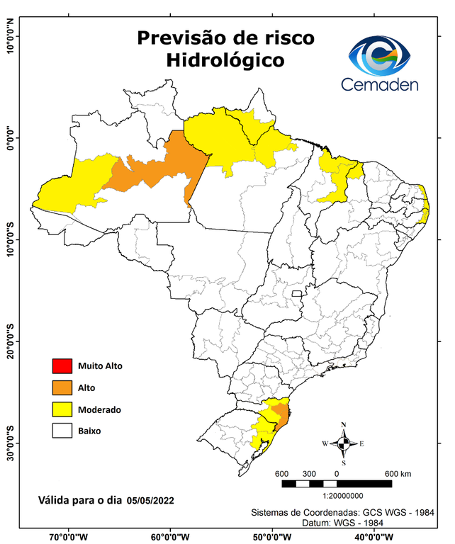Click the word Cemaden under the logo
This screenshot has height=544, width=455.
[380, 84]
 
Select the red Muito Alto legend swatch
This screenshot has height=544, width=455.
[62, 366]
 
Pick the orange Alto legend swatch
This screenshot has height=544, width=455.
[62, 387]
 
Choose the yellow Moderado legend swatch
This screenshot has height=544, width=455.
[62, 409]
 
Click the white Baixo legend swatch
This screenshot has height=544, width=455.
[62, 430]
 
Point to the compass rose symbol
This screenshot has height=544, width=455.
[343, 443]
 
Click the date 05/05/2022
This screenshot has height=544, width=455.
[151, 500]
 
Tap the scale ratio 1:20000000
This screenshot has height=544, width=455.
[337, 497]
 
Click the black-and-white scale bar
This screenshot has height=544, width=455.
[337, 484]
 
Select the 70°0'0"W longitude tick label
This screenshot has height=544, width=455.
[69, 536]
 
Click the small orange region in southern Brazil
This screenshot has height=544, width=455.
[282, 416]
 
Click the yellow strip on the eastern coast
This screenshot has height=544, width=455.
[426, 205]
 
